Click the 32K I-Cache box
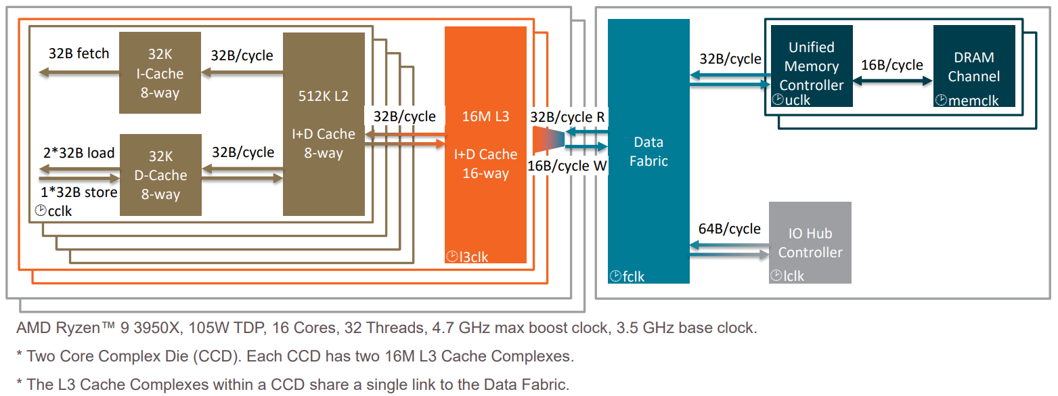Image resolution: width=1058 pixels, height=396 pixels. (x=160, y=73)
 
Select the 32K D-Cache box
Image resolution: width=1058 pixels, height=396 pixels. (x=160, y=175)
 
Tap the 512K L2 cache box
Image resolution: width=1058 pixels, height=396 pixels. (x=324, y=124)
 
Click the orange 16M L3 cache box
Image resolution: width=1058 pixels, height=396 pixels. (x=485, y=145)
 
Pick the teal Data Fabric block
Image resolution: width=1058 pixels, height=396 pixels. (x=648, y=151)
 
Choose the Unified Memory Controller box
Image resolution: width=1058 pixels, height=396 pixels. (x=812, y=66)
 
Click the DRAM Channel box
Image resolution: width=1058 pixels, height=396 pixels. (x=974, y=66)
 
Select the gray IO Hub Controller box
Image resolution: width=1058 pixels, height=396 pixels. (x=810, y=243)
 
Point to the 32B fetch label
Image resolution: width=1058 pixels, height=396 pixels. (x=79, y=53)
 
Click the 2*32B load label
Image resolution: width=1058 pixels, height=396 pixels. (x=79, y=152)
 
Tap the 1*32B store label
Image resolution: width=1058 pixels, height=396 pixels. (x=79, y=192)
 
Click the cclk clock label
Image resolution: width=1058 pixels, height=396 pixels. (x=53, y=211)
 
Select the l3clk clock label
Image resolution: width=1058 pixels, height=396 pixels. (x=467, y=257)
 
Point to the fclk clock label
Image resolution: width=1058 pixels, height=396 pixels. (x=627, y=276)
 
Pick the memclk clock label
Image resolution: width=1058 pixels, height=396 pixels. (x=967, y=100)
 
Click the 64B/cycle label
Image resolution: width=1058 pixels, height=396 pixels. (x=729, y=229)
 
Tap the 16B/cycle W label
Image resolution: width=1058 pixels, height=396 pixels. (x=567, y=166)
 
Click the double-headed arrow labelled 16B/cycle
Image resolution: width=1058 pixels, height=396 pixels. (x=893, y=81)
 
